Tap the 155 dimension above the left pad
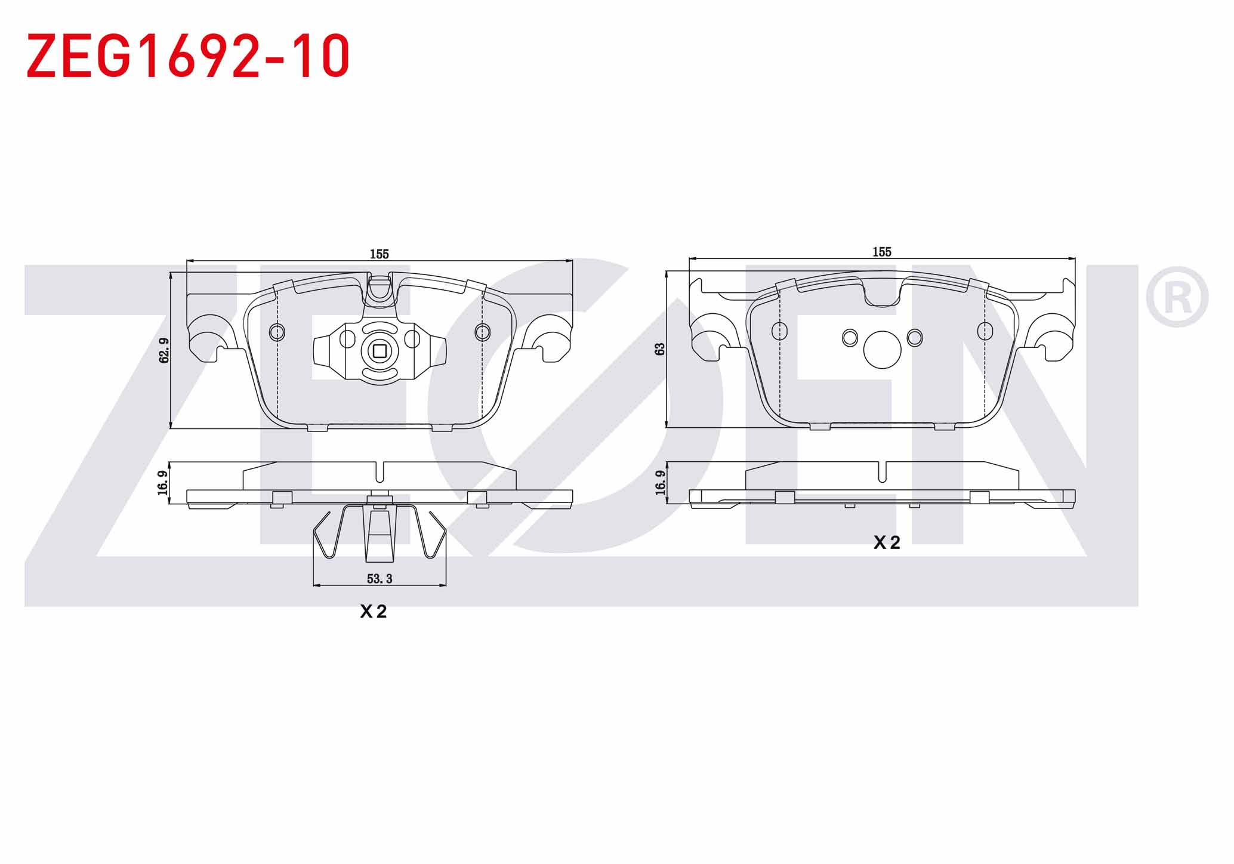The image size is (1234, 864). (379, 254)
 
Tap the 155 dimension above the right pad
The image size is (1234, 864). (882, 252)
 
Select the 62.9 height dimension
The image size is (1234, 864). (164, 350)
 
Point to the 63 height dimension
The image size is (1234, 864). (660, 349)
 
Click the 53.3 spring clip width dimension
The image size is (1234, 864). (380, 578)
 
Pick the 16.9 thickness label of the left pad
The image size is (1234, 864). (162, 483)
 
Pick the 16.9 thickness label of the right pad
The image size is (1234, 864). (660, 483)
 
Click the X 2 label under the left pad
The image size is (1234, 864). (374, 611)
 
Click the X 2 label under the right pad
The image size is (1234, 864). (887, 542)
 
